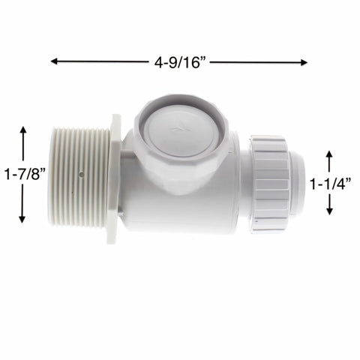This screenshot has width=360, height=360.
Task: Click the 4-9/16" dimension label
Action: pos(180,62)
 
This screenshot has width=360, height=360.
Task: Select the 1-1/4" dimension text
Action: pos(331,182)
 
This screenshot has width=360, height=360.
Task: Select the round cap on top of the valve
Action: pos(178,127)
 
